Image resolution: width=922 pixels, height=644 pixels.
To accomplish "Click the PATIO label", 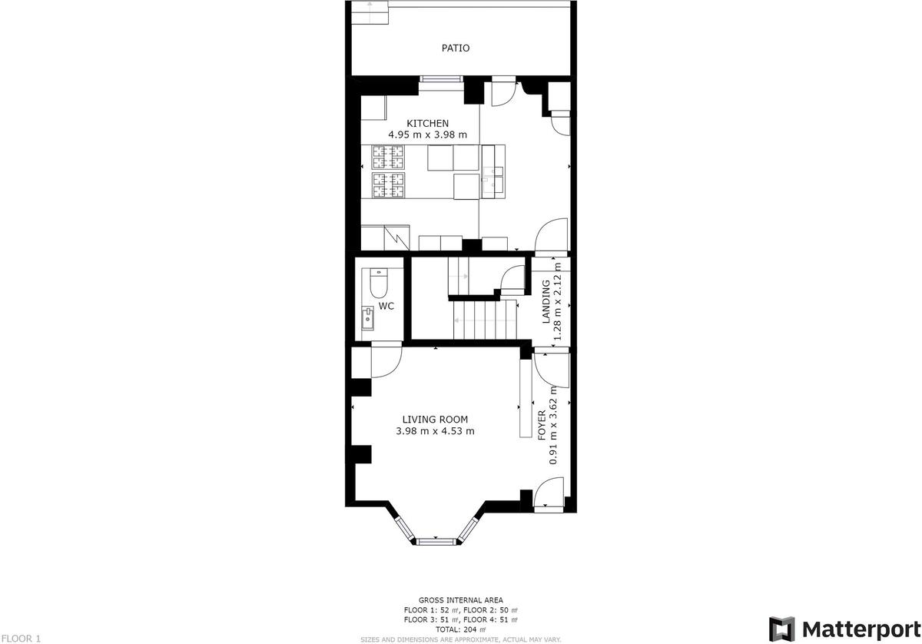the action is pyautogui.click(x=455, y=48).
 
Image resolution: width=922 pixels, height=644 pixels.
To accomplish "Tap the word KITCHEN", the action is pyautogui.click(x=428, y=123).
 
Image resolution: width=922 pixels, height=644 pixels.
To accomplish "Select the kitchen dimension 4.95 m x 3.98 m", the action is pyautogui.click(x=428, y=134).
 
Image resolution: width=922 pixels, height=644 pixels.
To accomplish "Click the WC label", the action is pyautogui.click(x=386, y=306).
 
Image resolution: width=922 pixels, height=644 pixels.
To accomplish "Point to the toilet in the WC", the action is pyautogui.click(x=379, y=283).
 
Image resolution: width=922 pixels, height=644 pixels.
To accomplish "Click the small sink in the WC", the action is pyautogui.click(x=367, y=318).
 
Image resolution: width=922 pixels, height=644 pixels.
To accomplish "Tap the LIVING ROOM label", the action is pyautogui.click(x=435, y=420).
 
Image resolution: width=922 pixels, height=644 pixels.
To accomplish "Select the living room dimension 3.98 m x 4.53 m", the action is pyautogui.click(x=435, y=431).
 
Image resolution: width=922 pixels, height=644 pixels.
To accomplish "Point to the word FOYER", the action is pyautogui.click(x=542, y=425).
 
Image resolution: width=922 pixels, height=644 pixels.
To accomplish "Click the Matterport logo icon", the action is pyautogui.click(x=782, y=629).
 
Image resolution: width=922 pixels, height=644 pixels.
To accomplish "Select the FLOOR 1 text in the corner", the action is pyautogui.click(x=21, y=639).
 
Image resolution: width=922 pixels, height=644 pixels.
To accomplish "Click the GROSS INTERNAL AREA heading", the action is pyautogui.click(x=460, y=600).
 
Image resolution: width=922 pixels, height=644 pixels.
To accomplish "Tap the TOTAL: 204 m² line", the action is pyautogui.click(x=460, y=629).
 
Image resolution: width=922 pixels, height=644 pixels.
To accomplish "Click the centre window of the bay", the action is pyautogui.click(x=436, y=542).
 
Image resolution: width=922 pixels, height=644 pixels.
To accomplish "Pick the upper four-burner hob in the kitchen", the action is pyautogui.click(x=388, y=157).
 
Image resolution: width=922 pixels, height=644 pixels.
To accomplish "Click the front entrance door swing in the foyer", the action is pyautogui.click(x=549, y=492).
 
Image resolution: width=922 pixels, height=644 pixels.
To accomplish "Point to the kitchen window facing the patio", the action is pyautogui.click(x=441, y=79).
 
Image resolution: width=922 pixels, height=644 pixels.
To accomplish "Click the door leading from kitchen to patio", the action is pyautogui.click(x=503, y=94).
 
